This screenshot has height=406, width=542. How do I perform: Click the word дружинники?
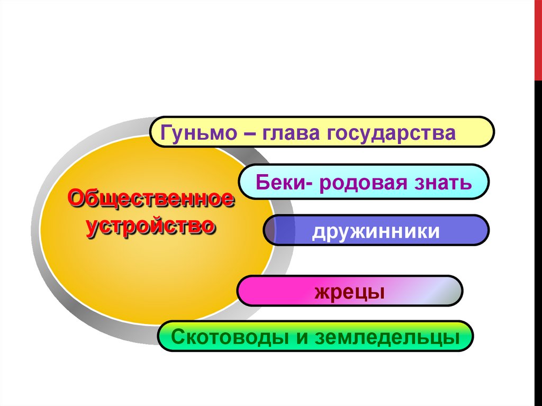(376, 231)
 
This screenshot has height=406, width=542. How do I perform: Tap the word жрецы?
(349, 292)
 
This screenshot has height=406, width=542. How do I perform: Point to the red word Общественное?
(151, 200)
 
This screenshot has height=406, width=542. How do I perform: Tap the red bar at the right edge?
(538, 40)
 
